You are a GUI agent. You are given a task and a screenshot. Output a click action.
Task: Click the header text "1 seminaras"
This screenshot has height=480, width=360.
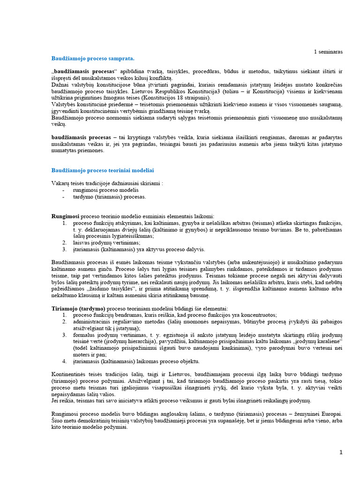tap(328, 52)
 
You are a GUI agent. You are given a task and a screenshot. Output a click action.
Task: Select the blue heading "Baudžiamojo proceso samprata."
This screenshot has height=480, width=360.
tap(92, 58)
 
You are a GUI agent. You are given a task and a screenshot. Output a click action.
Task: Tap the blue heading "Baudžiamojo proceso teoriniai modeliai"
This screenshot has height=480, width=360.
tap(103, 170)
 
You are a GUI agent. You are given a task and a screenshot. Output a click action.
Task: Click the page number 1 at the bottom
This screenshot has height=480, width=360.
tap(341, 452)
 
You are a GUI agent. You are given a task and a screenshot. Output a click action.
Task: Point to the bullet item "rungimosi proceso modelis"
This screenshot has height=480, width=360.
tap(105, 190)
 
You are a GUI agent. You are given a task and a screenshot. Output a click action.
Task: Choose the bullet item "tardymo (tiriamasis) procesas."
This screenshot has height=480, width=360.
tap(109, 197)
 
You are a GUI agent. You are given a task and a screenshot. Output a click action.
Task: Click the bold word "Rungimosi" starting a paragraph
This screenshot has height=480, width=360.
tap(65, 217)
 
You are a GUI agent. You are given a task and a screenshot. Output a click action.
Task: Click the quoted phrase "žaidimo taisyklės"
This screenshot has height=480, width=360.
tap(98, 289)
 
